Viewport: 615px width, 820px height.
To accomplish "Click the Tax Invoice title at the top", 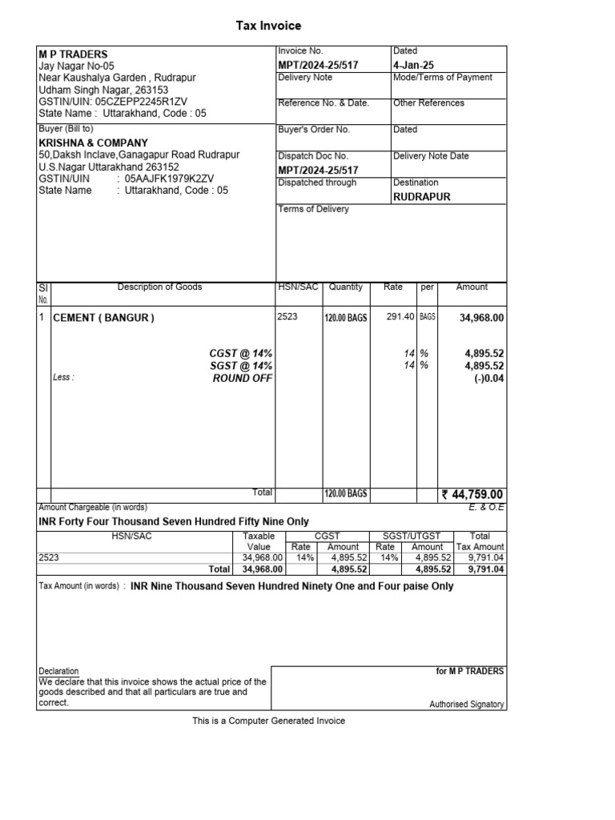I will [x=268, y=26].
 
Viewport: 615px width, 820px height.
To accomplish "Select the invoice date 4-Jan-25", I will [x=413, y=64].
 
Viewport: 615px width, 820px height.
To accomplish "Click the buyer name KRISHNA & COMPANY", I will [x=93, y=143].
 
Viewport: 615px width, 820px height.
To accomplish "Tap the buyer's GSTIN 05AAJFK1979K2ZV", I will [x=169, y=179].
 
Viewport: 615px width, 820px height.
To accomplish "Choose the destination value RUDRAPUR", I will [x=421, y=196].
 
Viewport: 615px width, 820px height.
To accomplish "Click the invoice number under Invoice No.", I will [x=318, y=64].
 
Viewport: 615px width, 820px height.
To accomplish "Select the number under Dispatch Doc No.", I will [x=318, y=170].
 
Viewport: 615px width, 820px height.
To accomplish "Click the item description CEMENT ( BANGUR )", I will [x=103, y=318].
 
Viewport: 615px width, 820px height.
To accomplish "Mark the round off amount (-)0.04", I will [x=488, y=379].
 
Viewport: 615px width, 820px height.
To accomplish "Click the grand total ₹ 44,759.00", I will [x=472, y=495].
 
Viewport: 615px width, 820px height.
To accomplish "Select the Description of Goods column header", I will [x=159, y=287].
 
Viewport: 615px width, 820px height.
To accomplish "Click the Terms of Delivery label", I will [x=313, y=209].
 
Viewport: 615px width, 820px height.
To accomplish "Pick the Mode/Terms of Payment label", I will [x=442, y=78].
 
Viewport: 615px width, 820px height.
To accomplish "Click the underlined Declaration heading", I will [x=58, y=671].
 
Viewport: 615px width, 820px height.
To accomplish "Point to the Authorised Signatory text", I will [x=467, y=705].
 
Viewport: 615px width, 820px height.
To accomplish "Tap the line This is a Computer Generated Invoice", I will [x=268, y=721].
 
